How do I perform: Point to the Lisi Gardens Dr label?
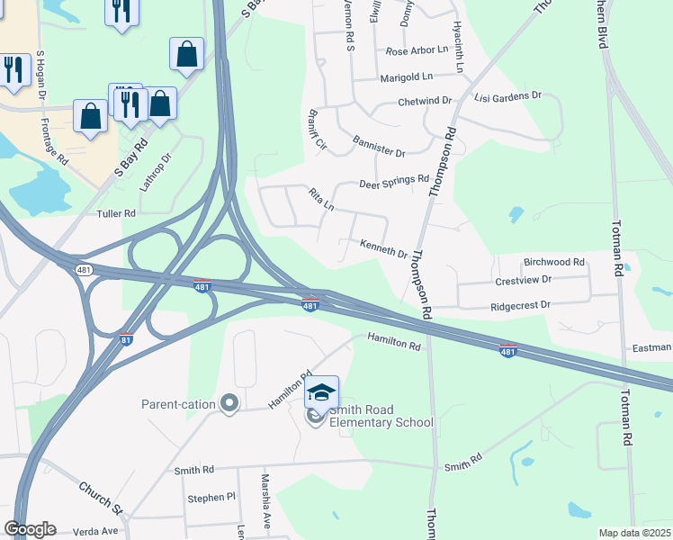[x=508, y=95]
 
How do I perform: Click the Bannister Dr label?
[x=379, y=147]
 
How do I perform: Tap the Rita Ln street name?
[x=321, y=199]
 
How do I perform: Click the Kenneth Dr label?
[x=384, y=247]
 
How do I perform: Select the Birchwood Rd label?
[x=554, y=262]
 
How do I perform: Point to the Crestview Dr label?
[x=523, y=281]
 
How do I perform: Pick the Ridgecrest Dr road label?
[x=520, y=306]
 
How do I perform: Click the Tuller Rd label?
[x=116, y=213]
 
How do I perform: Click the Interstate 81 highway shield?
[x=127, y=339]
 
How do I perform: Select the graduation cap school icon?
[x=321, y=392]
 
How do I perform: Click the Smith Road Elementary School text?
[x=381, y=417]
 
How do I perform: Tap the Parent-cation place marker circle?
[x=229, y=404]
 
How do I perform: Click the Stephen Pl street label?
[x=211, y=497]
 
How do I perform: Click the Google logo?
[x=30, y=529]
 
